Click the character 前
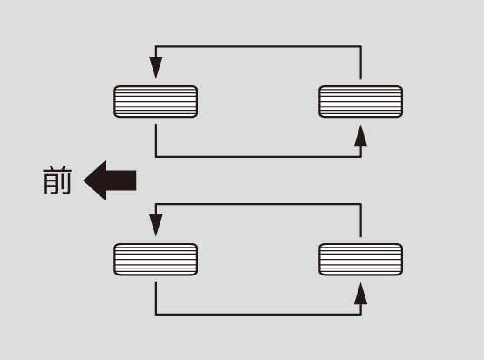pyautogui.click(x=58, y=180)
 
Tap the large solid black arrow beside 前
pyautogui.click(x=110, y=180)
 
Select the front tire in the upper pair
pyautogui.click(x=156, y=101)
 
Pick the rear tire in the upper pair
pyautogui.click(x=360, y=101)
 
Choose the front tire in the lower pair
pyautogui.click(x=156, y=259)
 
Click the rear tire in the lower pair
pyautogui.click(x=360, y=259)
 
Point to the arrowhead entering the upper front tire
pyautogui.click(x=156, y=68)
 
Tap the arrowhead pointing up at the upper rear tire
pyautogui.click(x=360, y=136)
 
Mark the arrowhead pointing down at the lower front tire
pyautogui.click(x=156, y=226)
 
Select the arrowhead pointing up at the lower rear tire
pyautogui.click(x=360, y=294)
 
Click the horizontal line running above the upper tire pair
pyautogui.click(x=258, y=46)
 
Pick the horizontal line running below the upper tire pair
pyautogui.click(x=258, y=157)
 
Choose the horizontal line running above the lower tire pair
pyautogui.click(x=258, y=204)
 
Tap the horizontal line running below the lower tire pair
pyautogui.click(x=258, y=315)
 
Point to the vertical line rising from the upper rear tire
pyautogui.click(x=360, y=63)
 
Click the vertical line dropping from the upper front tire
pyautogui.click(x=156, y=140)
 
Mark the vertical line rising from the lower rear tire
pyautogui.click(x=360, y=221)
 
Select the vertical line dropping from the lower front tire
pyautogui.click(x=156, y=298)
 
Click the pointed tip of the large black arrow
pyautogui.click(x=84, y=180)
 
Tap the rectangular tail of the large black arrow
pyautogui.click(x=121, y=180)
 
